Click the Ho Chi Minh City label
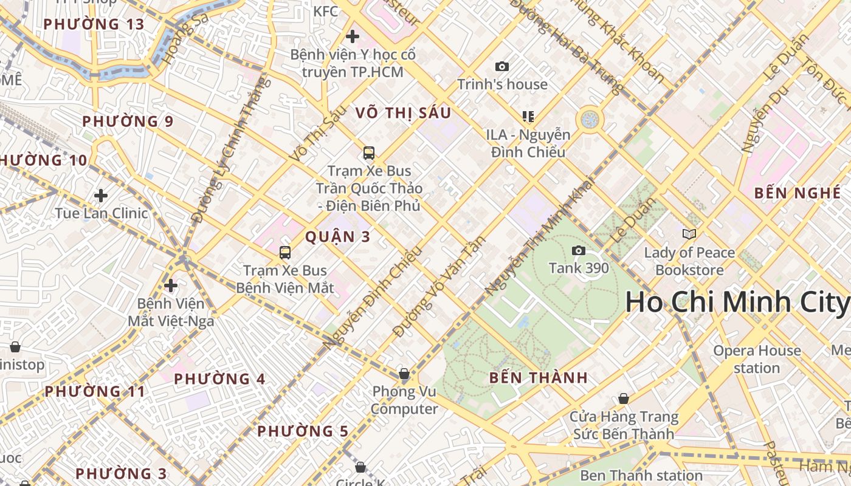click(x=737, y=302)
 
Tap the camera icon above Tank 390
click(x=579, y=250)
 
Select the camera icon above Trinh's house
click(x=502, y=66)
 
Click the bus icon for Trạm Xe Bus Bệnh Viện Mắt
click(x=284, y=253)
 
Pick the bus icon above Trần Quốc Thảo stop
click(x=368, y=153)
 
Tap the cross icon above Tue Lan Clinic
click(x=101, y=196)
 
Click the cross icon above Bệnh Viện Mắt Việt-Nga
click(x=171, y=285)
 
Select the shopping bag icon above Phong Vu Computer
click(x=404, y=374)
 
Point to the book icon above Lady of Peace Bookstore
click(x=689, y=234)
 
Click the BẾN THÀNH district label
click(x=539, y=378)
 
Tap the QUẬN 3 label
click(x=337, y=237)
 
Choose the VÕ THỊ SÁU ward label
click(x=403, y=113)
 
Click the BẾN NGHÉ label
click(x=798, y=193)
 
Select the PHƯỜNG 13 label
click(x=94, y=24)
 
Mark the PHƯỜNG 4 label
click(x=219, y=379)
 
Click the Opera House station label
click(x=757, y=359)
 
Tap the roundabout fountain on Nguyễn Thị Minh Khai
click(x=589, y=119)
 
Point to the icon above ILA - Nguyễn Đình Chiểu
click(x=528, y=116)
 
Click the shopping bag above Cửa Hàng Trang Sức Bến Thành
click(x=624, y=399)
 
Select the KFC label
click(x=326, y=11)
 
